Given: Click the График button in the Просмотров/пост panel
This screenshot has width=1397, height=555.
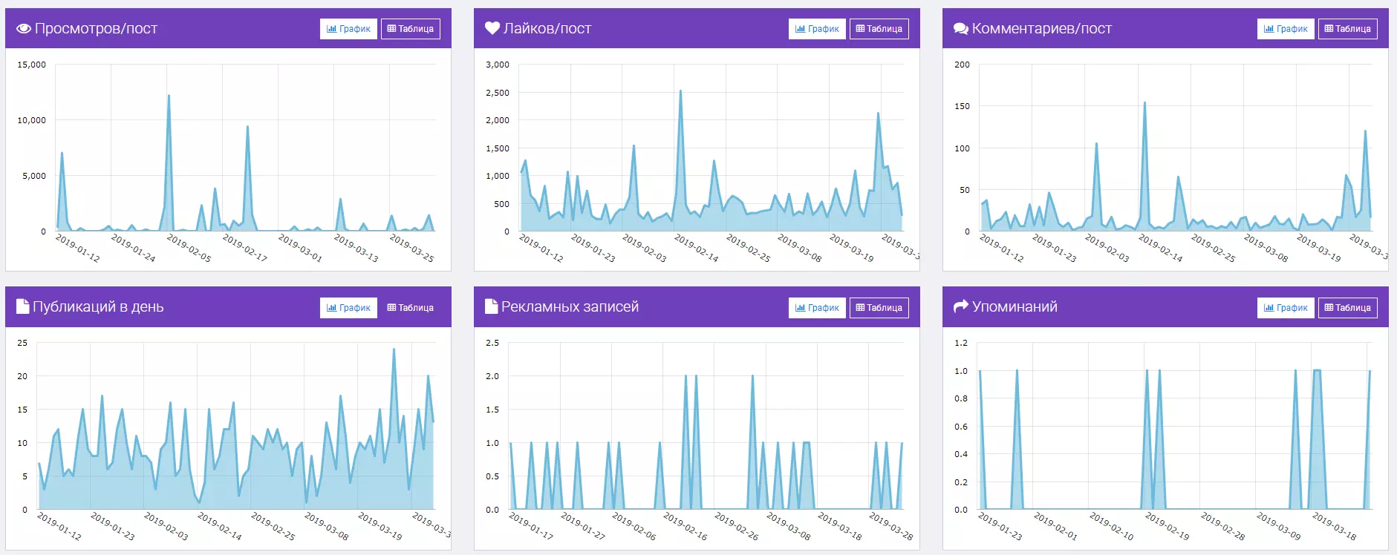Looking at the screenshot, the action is (x=348, y=29).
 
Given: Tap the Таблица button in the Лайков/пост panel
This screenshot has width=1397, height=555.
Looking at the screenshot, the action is (x=879, y=29).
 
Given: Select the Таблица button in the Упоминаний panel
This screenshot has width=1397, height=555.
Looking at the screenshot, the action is (x=1347, y=308).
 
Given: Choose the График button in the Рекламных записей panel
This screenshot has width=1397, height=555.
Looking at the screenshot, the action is (x=817, y=308).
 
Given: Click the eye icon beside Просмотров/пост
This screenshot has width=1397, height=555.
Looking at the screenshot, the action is (x=24, y=29).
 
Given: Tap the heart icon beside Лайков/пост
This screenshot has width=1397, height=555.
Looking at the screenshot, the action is (x=492, y=28).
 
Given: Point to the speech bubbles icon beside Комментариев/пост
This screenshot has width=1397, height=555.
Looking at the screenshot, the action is (x=961, y=29).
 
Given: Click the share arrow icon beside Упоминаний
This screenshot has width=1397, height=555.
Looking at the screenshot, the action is (x=961, y=306).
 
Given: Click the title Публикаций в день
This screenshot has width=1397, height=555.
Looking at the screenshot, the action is (x=98, y=306).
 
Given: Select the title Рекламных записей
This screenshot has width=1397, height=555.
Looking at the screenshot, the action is (x=570, y=306).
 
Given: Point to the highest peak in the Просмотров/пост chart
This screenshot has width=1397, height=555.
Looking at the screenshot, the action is (x=169, y=96).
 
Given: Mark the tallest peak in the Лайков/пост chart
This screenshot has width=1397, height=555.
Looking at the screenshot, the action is (x=680, y=91).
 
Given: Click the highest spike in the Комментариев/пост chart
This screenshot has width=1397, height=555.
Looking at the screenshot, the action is (x=1144, y=102).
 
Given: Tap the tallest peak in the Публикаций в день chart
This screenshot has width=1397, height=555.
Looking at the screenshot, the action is (x=394, y=349).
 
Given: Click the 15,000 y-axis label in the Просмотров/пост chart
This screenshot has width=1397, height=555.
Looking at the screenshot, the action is (x=32, y=65).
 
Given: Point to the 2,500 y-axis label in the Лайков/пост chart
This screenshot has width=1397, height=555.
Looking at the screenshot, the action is (x=498, y=93).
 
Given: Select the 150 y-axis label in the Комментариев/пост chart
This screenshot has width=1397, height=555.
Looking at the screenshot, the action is (x=962, y=106).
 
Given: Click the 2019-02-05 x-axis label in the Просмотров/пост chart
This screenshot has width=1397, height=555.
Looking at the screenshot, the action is (x=189, y=248).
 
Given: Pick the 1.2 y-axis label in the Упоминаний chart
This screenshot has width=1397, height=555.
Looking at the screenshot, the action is (x=961, y=343).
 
